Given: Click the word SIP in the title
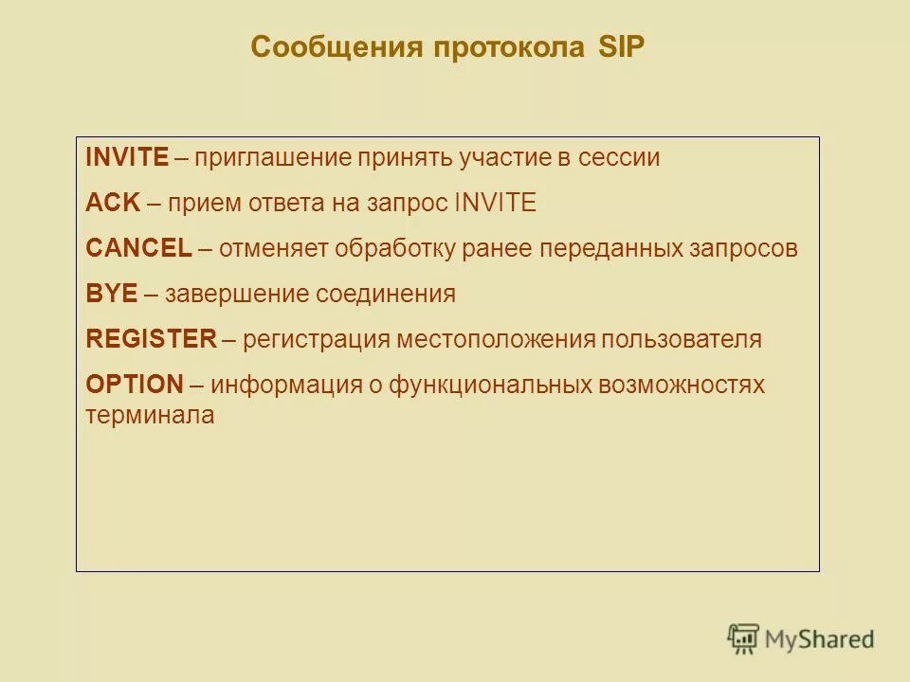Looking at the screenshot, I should [621, 47].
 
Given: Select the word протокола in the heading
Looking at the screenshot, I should [510, 47].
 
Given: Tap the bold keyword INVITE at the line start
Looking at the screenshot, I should [127, 157].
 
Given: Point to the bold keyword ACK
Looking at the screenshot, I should [112, 203].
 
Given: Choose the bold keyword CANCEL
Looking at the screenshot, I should [138, 248].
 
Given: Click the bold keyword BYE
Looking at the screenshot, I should [111, 294].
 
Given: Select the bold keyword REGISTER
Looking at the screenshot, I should [152, 339].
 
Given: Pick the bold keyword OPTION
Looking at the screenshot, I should [134, 385].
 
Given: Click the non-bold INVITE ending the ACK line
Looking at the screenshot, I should [496, 203].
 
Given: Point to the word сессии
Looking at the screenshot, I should [616, 157].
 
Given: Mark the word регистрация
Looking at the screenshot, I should [316, 339].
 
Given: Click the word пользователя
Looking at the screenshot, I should [680, 339].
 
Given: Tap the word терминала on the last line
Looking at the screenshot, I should [150, 415].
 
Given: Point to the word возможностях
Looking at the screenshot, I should [681, 385].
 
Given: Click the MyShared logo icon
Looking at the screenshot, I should [743, 639].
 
